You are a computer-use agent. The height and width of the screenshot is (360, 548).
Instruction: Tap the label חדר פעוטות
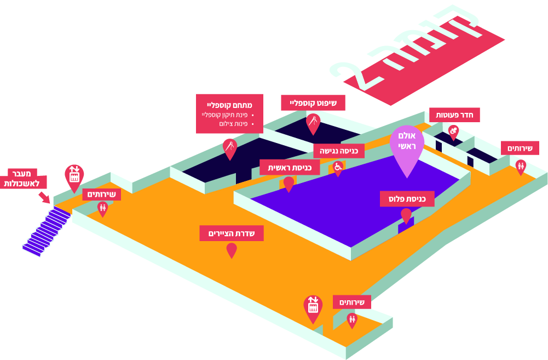[x=454, y=115]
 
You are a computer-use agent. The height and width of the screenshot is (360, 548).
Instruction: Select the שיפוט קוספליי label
[x=313, y=103]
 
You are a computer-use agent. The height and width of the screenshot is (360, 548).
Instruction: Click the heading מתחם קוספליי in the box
[x=229, y=105]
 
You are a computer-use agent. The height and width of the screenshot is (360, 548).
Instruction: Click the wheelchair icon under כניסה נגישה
[x=338, y=168]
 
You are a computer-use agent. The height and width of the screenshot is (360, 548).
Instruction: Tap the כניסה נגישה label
[x=339, y=151]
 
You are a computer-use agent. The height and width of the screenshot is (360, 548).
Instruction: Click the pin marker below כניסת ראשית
[x=289, y=184]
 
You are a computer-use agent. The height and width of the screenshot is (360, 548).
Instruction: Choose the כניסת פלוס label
[x=407, y=199]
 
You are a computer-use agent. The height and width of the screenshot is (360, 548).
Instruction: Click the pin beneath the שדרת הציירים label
[x=232, y=250]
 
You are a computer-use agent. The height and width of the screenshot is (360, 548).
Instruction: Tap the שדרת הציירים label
[x=232, y=233]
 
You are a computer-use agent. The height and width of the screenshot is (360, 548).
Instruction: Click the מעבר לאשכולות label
[x=22, y=179]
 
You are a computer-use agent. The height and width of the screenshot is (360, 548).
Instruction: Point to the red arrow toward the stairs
[x=44, y=197]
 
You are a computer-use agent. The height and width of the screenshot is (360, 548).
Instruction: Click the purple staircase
[x=47, y=231]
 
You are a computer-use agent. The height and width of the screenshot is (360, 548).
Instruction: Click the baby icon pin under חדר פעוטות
[x=453, y=133]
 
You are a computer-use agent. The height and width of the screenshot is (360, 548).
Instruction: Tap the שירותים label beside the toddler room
[x=520, y=148]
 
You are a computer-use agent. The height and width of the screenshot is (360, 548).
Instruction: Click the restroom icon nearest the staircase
[x=102, y=209]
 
